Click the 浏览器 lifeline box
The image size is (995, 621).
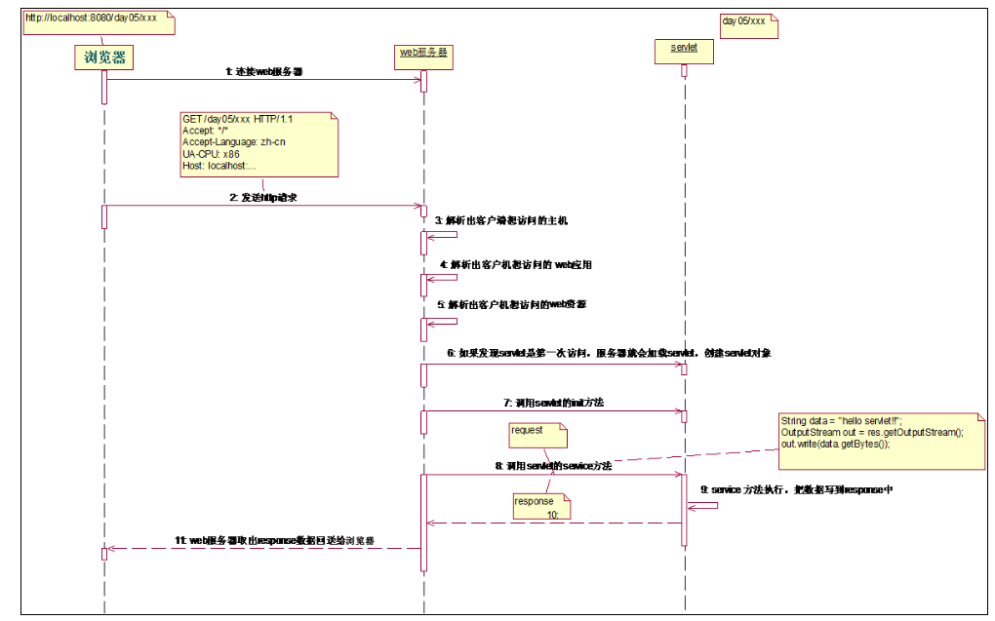point(103,58)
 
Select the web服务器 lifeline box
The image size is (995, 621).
point(423,53)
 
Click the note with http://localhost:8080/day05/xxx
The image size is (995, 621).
point(98,19)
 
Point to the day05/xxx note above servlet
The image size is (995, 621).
point(745,21)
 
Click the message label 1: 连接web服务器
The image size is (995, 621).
point(264,71)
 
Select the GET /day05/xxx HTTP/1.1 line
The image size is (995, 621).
point(237,119)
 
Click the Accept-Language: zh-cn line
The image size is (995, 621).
point(234,142)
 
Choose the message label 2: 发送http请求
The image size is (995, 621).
point(263,197)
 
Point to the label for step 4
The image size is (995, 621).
point(515,264)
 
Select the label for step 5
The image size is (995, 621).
point(513,305)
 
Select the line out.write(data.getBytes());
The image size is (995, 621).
point(836,444)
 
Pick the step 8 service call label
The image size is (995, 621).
point(553,467)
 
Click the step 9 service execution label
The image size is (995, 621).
point(797,490)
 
